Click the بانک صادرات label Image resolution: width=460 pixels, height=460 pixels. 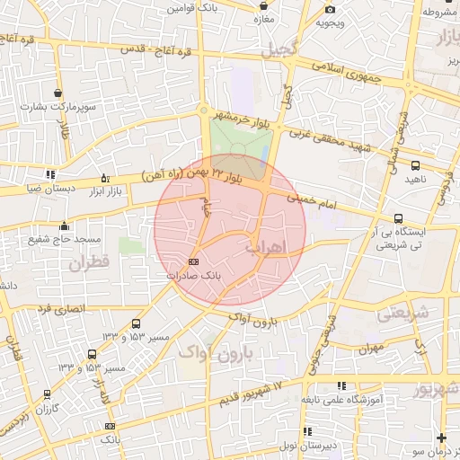click(194, 276)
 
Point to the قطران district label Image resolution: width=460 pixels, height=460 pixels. click(88, 264)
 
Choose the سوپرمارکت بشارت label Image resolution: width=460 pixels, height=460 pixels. click(58, 107)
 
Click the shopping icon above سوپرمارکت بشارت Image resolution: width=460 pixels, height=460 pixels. click(58, 93)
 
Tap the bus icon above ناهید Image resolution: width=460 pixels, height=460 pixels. click(415, 165)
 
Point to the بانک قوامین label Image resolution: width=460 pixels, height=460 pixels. click(191, 7)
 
